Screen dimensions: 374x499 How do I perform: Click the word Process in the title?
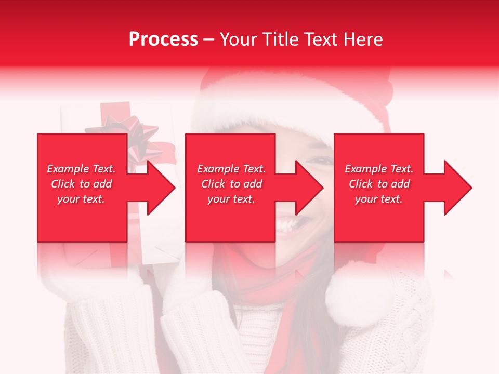163,39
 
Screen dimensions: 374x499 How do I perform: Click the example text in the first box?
82,184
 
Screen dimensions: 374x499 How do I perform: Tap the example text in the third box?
379,184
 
